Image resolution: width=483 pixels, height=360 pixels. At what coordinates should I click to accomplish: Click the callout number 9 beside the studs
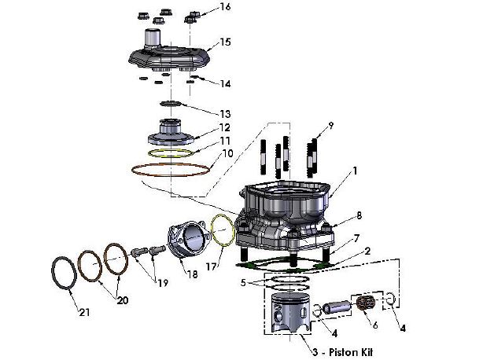[x=331, y=125]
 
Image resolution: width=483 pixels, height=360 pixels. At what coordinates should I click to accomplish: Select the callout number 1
[x=355, y=169]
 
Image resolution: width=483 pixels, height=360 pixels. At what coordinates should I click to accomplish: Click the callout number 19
[x=163, y=282]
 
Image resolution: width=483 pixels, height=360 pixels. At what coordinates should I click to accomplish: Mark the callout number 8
[x=358, y=215]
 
